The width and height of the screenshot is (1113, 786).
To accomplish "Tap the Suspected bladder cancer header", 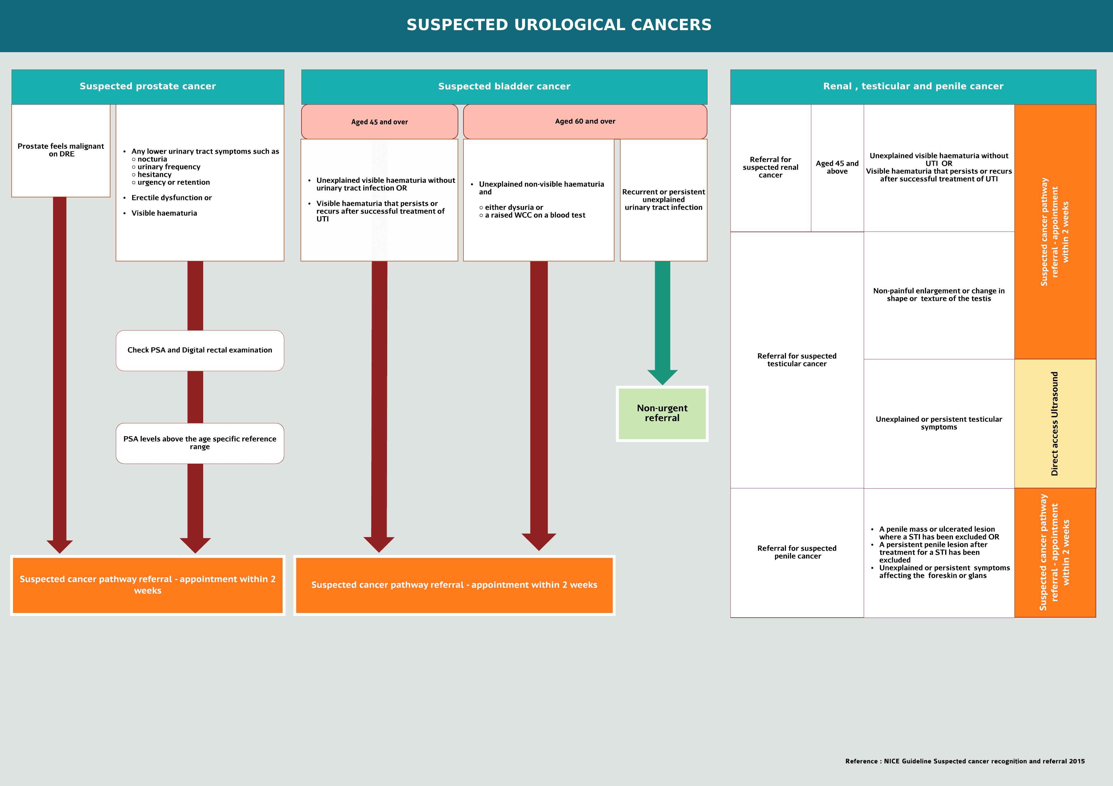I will (504, 86).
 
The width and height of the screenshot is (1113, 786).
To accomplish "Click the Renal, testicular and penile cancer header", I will (913, 86).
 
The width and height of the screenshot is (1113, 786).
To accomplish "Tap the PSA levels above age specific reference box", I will (200, 443).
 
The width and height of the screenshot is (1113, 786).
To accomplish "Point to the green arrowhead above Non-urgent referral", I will (662, 377).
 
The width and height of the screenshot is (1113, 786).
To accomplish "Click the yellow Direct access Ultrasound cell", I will (1055, 423).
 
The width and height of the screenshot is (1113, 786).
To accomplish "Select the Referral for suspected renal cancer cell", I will (770, 167).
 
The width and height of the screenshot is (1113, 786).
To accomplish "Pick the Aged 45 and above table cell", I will (837, 167).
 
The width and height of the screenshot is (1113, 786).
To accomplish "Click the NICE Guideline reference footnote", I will (965, 761).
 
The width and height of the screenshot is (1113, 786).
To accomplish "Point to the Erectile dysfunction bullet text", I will (171, 198).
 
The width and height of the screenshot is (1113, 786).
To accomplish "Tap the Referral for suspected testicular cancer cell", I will (797, 360).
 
